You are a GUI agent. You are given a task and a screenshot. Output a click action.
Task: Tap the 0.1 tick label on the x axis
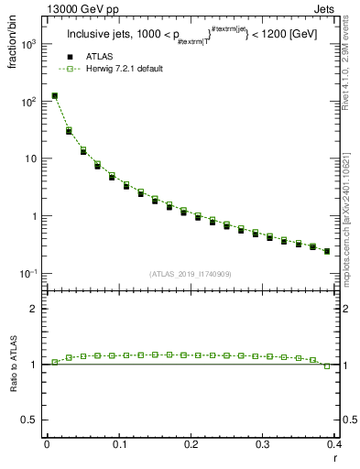point(119,445)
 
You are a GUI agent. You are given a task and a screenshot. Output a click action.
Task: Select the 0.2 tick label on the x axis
point(191,445)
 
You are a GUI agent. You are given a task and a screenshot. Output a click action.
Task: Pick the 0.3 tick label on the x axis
point(263,445)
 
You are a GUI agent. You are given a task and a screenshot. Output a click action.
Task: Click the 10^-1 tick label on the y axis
point(29,274)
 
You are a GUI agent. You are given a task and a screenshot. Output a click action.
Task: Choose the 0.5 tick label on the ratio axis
point(30,420)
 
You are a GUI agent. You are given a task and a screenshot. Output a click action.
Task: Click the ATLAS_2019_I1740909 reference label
point(191,274)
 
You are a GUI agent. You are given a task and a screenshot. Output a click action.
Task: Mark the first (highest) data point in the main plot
point(55,95)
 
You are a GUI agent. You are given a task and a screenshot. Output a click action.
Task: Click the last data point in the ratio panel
point(327,365)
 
